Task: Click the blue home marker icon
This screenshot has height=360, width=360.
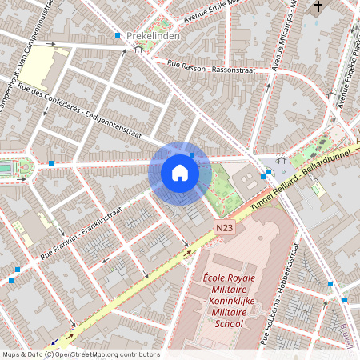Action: [x=180, y=173]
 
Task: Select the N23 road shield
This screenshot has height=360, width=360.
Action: [x=225, y=229]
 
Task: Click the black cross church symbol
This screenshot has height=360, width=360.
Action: [x=318, y=8]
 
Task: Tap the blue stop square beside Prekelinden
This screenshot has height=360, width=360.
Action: [x=118, y=35]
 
